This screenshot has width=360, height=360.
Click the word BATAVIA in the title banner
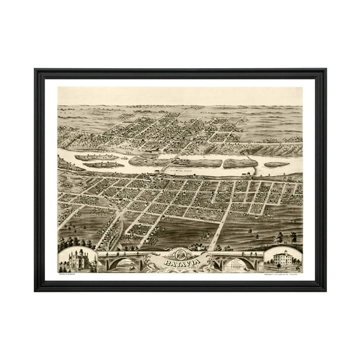coord(180,264)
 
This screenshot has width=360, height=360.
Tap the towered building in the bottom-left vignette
coord(77,259)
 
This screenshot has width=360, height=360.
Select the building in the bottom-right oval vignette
coord(282,258)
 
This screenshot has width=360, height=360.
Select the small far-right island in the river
coord(276,165)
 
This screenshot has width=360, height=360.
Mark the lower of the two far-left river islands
coord(104,165)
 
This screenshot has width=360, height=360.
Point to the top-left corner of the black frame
coord(36,70)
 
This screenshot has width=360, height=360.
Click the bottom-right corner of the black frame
coord(324,290)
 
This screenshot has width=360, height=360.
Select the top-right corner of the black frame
coord(324,70)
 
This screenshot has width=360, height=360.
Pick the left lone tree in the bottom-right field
coord(279,237)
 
